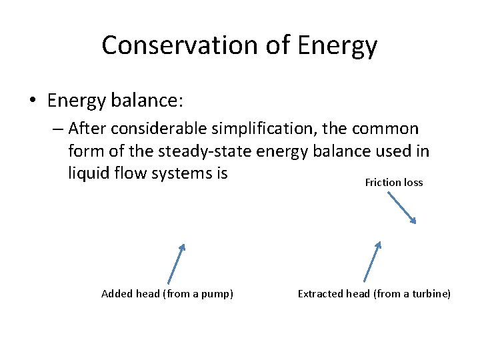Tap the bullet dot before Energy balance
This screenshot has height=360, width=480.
[x=33, y=101]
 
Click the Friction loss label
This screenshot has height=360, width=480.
[x=393, y=182]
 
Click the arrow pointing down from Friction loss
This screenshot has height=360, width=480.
[x=400, y=208]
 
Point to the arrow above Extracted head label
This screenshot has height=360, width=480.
[x=372, y=261]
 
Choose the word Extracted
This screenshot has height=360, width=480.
[x=319, y=294]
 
